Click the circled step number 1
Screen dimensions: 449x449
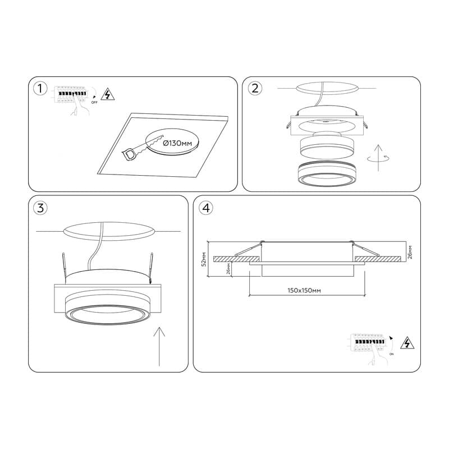[40, 89]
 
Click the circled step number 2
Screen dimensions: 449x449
[255, 88]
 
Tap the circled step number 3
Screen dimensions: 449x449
[40, 208]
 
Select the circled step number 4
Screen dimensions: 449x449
[206, 208]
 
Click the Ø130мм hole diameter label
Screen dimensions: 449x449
[177, 143]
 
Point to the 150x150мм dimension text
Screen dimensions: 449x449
[304, 290]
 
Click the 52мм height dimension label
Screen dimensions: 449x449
[204, 259]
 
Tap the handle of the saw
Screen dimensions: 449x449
[129, 154]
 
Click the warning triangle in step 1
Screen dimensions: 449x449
[108, 94]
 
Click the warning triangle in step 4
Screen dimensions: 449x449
[407, 343]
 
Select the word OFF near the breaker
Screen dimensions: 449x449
[94, 102]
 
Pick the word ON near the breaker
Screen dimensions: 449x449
[391, 354]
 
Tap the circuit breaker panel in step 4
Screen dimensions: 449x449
[369, 342]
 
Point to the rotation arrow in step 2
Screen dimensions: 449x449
[378, 158]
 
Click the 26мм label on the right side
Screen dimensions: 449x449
[410, 252]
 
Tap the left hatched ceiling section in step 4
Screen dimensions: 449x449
[237, 259]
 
